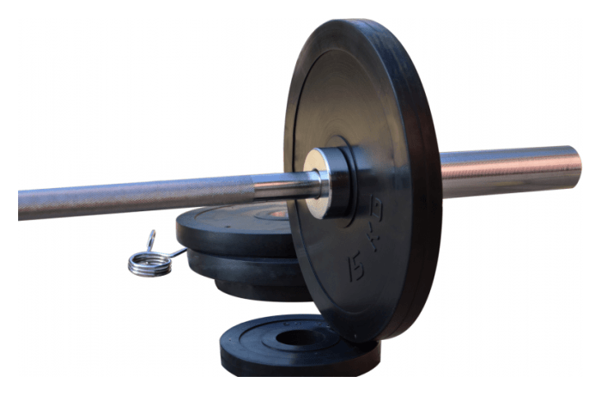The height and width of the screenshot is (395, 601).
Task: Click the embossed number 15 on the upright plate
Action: (x=356, y=266)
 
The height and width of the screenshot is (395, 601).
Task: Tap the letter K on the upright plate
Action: (x=373, y=240)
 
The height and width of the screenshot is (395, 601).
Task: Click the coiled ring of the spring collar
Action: (x=150, y=264)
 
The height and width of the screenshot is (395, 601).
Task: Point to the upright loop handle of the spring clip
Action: (x=151, y=240)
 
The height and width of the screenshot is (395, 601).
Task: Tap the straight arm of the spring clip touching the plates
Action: (x=178, y=252)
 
